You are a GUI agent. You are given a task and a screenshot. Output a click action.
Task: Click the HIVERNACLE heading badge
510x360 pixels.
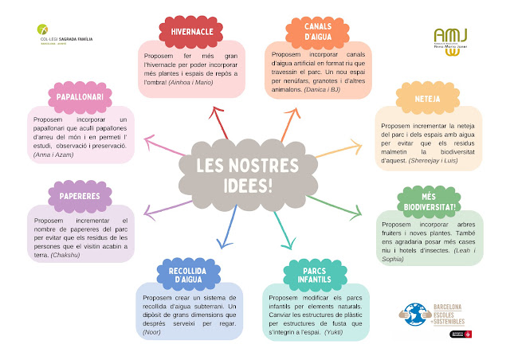point(185,32)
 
